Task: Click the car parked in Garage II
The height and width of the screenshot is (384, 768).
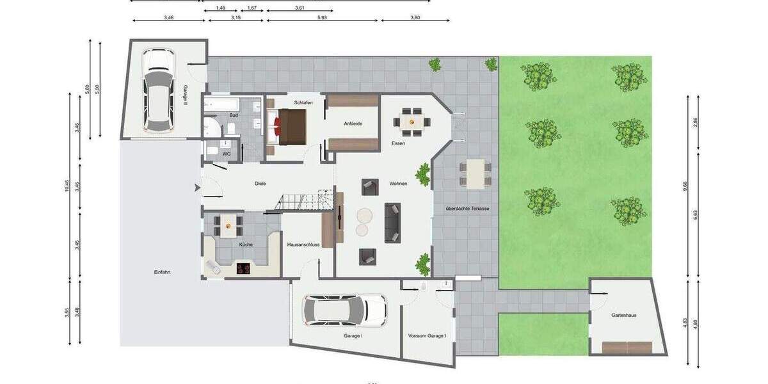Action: point(157,89)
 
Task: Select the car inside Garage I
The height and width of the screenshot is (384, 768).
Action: point(345,310)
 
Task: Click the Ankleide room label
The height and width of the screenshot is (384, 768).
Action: point(353,124)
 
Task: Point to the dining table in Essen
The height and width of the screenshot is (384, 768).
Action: point(412,120)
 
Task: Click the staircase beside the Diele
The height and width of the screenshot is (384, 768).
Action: point(305,200)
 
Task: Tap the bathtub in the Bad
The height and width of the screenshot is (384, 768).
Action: point(223,104)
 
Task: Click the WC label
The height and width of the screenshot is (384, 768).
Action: point(227,154)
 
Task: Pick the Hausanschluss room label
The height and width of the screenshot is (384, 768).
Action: point(303,244)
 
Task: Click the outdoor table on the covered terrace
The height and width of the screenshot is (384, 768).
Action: point(475,173)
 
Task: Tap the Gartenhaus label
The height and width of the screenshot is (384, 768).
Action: point(624,315)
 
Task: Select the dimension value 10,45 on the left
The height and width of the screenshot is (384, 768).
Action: point(67,186)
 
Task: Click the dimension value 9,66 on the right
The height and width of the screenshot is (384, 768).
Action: point(685,186)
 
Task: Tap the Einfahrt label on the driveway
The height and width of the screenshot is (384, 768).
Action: point(162,272)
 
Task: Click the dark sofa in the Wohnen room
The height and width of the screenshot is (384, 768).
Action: point(392,222)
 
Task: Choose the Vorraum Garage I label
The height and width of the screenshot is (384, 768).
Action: point(427,335)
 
